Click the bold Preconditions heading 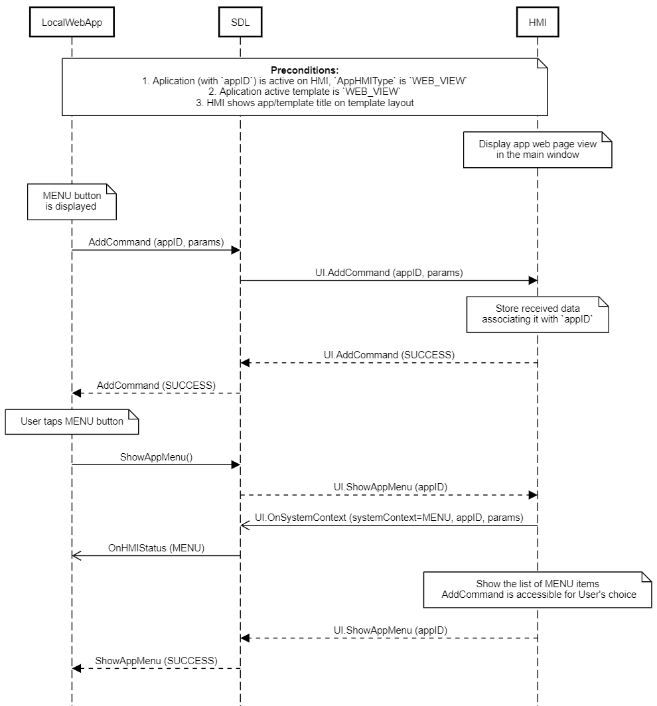click(305, 70)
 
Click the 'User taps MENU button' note click(72, 421)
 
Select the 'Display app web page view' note click(537, 149)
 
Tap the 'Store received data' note click(537, 314)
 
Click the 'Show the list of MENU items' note click(538, 589)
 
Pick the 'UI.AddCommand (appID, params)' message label click(389, 272)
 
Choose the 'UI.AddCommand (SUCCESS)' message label click(389, 355)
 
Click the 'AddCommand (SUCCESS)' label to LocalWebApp click(156, 385)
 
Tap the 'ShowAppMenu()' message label click(156, 457)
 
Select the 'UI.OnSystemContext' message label click(389, 517)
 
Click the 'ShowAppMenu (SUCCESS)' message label click(156, 660)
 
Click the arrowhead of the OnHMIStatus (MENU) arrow click(76, 555)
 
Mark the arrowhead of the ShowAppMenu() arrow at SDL click(235, 464)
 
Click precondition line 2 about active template click(305, 91)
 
